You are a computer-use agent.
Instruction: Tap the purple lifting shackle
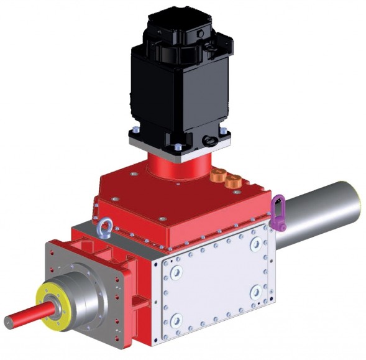click(279, 213)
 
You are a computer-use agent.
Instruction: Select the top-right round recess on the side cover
click(255, 245)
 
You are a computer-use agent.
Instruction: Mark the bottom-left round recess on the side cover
click(176, 320)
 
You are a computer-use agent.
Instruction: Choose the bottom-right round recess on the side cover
click(255, 291)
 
